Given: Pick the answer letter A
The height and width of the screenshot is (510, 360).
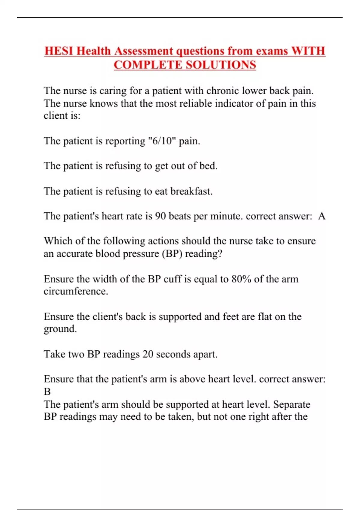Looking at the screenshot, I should click(x=322, y=216).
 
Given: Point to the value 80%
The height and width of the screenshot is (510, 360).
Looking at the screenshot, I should click(x=241, y=279).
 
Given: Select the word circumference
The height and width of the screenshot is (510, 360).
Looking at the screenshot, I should click(x=76, y=291).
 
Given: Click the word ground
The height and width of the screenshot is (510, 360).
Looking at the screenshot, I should click(x=60, y=329).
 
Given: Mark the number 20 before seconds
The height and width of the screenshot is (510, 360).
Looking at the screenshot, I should click(x=148, y=354).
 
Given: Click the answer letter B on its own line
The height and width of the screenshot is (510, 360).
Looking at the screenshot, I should click(x=47, y=391).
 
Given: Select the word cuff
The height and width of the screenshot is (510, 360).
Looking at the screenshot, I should click(x=172, y=279).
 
